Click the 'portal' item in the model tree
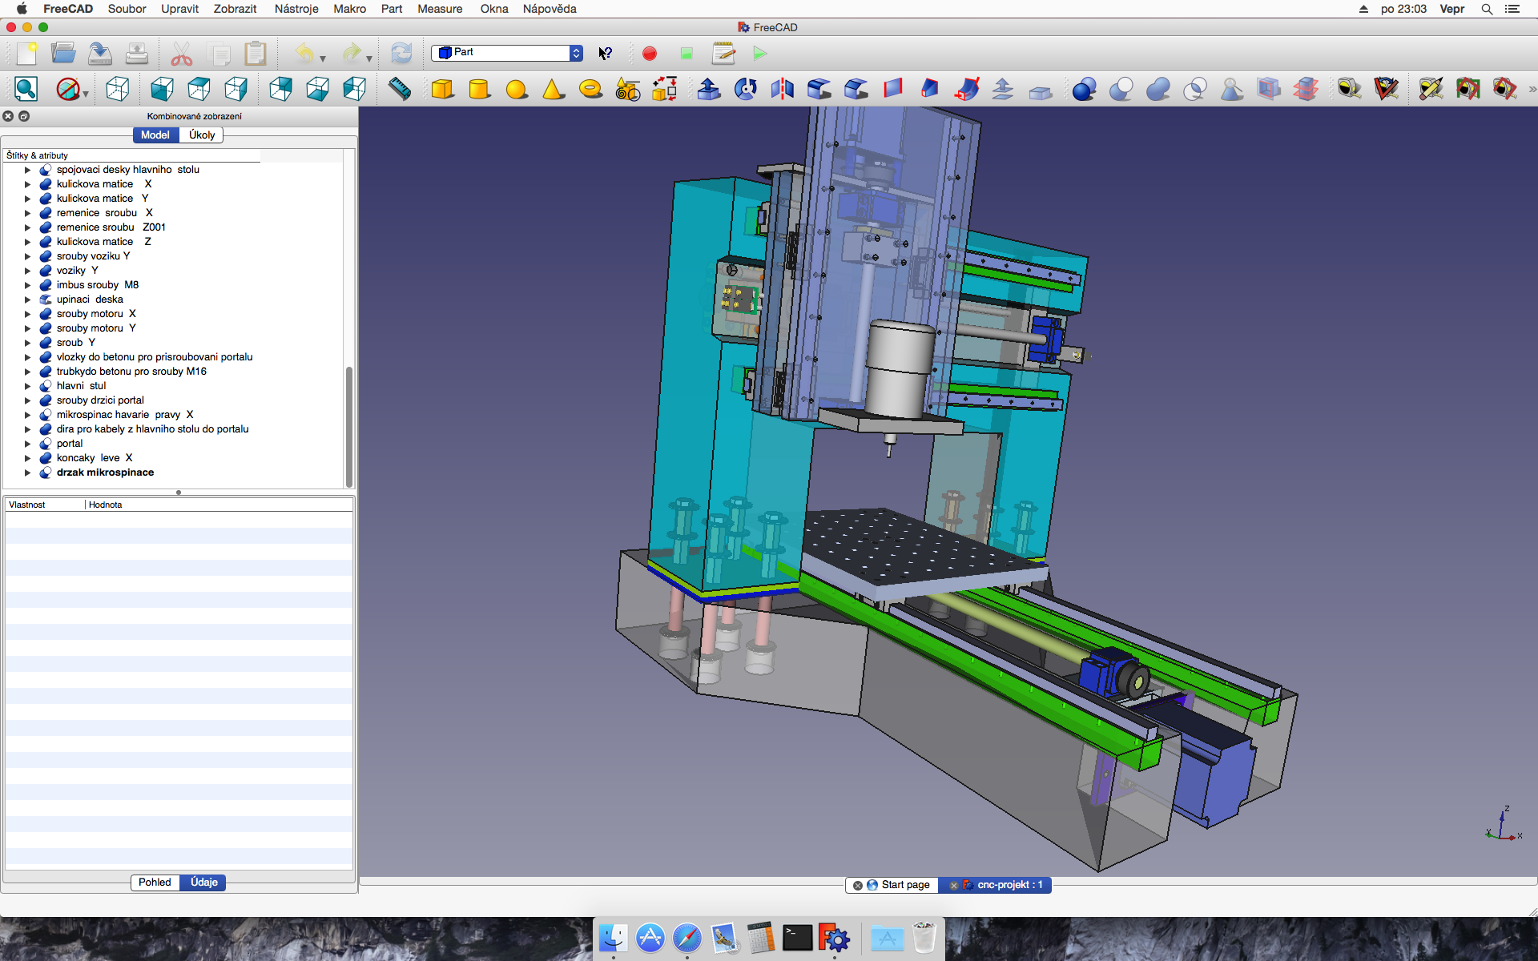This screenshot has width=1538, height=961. [70, 444]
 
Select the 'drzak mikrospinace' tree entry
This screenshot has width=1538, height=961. [105, 472]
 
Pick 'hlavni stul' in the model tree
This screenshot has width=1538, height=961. [81, 386]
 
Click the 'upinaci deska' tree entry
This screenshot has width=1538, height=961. [90, 300]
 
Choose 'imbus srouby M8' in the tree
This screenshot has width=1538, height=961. [98, 285]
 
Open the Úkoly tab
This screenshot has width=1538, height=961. [202, 135]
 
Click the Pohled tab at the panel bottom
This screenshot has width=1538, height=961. [155, 883]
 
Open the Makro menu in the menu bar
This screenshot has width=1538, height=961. [350, 9]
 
